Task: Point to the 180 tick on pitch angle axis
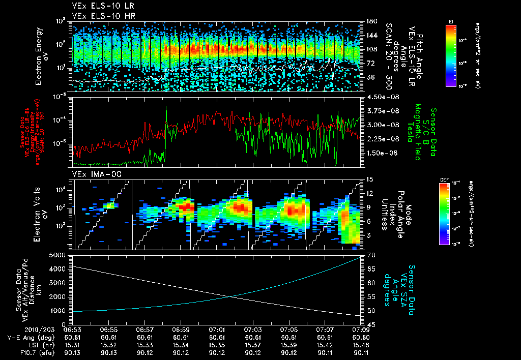tap(368, 21)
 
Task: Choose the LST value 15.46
tap(361, 344)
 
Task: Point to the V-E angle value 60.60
tap(361, 337)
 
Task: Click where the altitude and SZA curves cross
tap(230, 297)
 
